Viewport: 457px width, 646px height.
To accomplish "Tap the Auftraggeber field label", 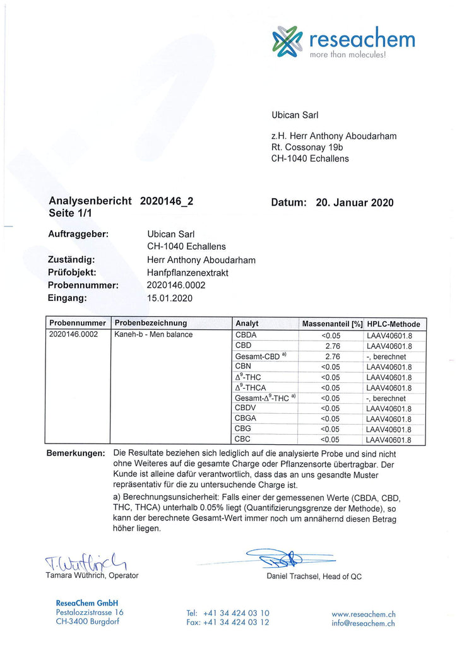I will point(78,233).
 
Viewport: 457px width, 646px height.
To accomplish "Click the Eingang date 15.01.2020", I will point(169,298).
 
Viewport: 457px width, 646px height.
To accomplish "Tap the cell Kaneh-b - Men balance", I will point(153,334).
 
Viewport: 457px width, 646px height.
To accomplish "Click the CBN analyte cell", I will point(243,366).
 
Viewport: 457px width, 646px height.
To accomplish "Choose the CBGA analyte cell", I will point(246,418).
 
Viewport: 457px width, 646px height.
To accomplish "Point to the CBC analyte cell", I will point(243,439).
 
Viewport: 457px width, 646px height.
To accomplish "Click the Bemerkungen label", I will point(75,454).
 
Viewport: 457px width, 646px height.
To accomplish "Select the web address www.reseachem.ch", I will point(364,613).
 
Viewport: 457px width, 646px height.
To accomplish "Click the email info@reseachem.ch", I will point(364,623).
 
